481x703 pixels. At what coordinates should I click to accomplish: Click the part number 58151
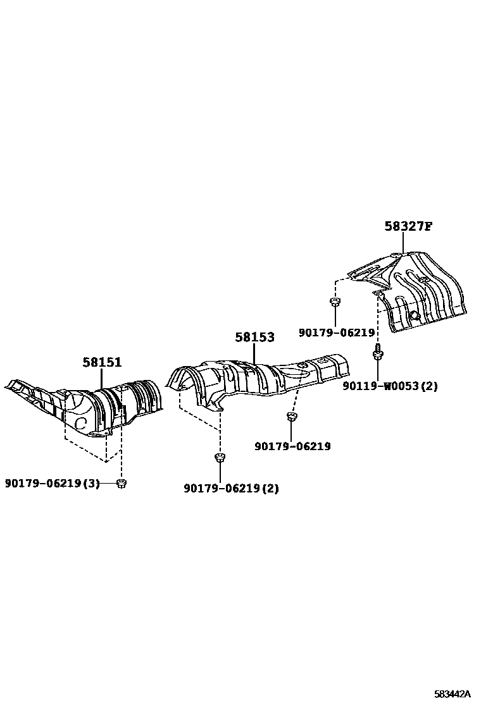pos(101,362)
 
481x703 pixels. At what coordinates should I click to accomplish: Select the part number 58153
pos(254,337)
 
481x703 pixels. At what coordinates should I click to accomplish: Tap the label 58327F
pos(408,226)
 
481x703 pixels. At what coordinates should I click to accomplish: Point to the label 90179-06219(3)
pos(53,484)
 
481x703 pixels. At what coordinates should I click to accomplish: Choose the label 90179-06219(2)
pos(231,488)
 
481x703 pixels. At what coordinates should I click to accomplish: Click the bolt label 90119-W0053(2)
pos(390,386)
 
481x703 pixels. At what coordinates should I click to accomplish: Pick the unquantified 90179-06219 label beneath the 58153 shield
pos(292,446)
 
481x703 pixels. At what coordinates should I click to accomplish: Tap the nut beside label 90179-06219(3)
pos(123,484)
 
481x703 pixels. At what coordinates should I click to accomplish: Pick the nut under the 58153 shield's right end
pos(292,416)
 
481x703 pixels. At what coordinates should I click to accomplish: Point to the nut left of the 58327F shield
pos(335,302)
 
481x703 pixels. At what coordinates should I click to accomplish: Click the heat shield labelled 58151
pos(95,405)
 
